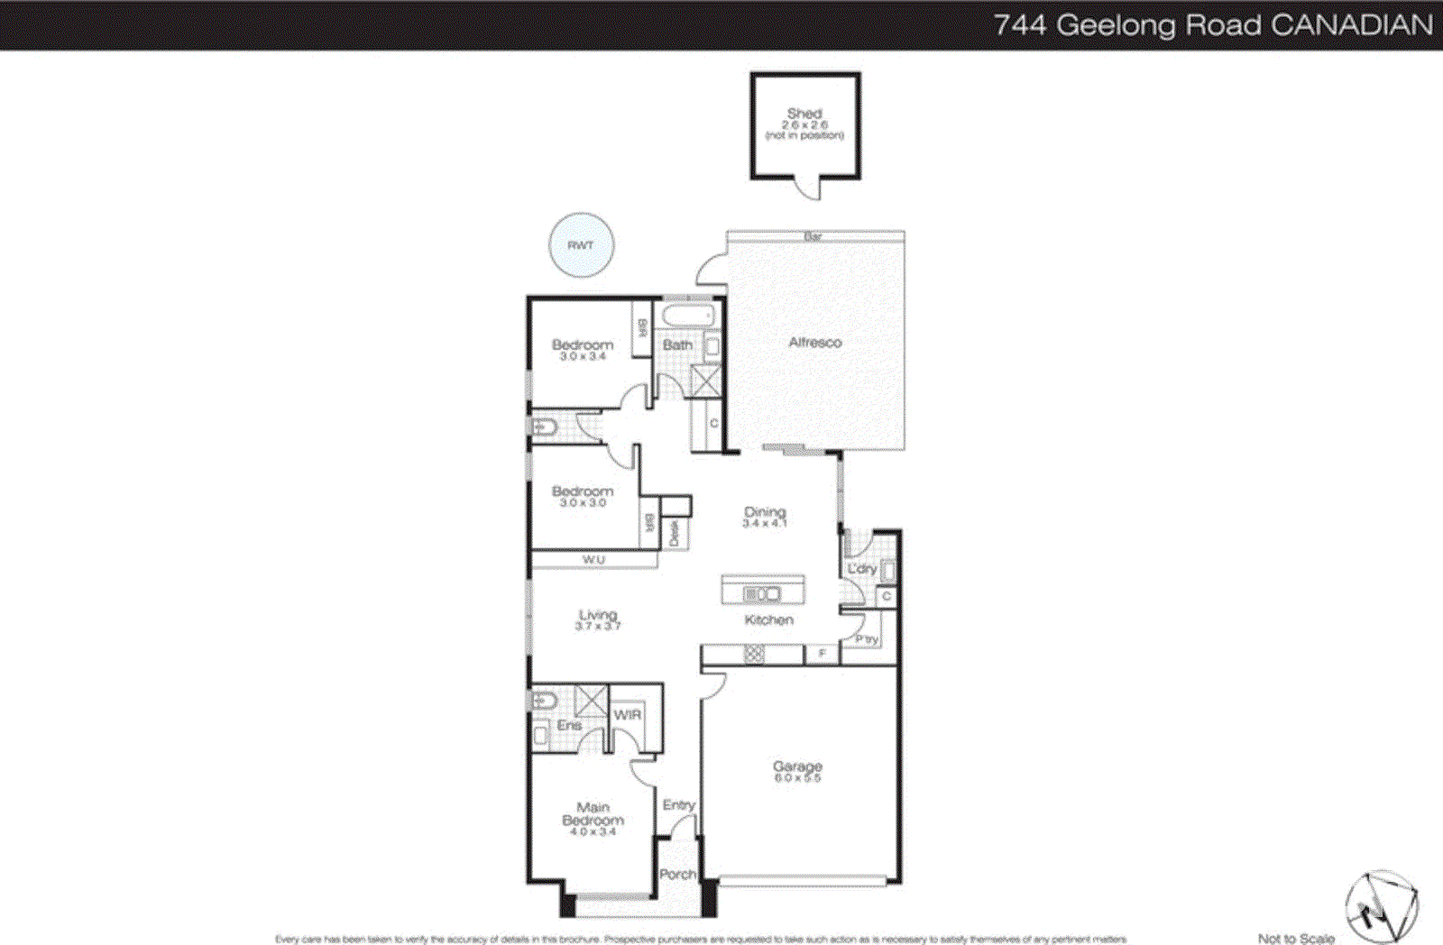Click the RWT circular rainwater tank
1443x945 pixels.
click(x=582, y=245)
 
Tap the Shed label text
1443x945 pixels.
click(x=804, y=114)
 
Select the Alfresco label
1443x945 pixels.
click(x=814, y=343)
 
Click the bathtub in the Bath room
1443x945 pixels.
click(x=687, y=317)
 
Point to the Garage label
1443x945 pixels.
click(x=797, y=766)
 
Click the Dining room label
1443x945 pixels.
click(x=765, y=512)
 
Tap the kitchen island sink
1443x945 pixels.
click(x=761, y=594)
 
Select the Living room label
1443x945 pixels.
click(x=598, y=615)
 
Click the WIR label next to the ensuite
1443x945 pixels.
click(x=628, y=714)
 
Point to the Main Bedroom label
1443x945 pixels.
click(x=593, y=813)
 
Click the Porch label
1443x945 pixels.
click(x=677, y=874)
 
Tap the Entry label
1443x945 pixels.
click(x=678, y=804)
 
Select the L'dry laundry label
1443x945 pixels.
click(x=861, y=569)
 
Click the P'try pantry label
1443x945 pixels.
click(x=867, y=638)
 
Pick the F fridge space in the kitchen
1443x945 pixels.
click(x=822, y=654)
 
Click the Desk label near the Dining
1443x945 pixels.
click(x=675, y=535)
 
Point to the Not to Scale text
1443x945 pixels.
click(x=1295, y=938)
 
